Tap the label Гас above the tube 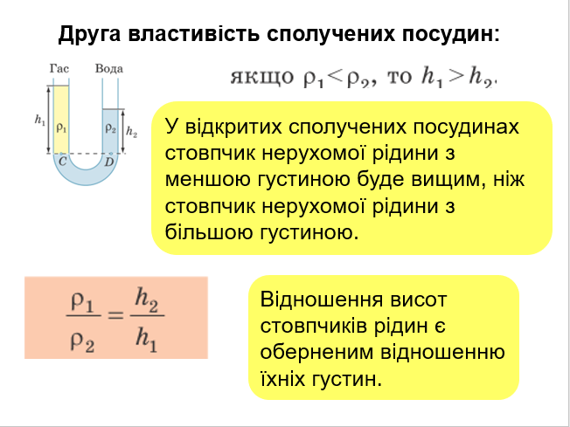pyautogui.click(x=59, y=68)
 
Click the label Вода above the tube pyautogui.click(x=109, y=68)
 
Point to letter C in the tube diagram pyautogui.click(x=60, y=161)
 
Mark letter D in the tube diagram pyautogui.click(x=109, y=161)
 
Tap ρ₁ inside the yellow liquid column pyautogui.click(x=60, y=127)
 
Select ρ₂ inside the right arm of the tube pyautogui.click(x=110, y=127)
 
